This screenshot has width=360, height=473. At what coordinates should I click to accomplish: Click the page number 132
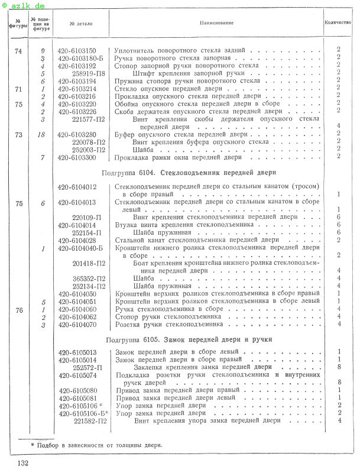[x=23, y=462]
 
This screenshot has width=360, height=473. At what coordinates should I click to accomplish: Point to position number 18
[x=43, y=135]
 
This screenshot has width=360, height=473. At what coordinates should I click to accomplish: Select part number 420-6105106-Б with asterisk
[x=83, y=413]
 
